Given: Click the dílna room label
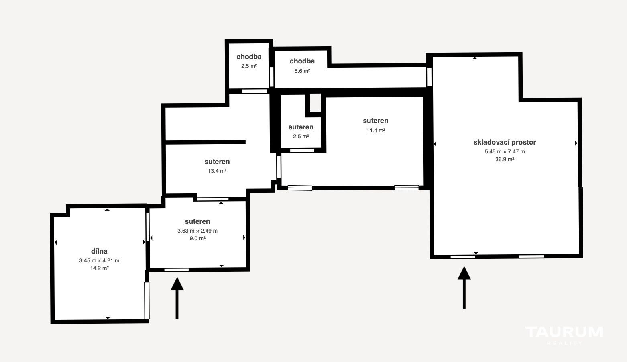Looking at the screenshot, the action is [x=99, y=251].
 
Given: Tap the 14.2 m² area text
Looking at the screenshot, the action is [x=99, y=268].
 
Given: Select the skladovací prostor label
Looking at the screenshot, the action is [x=505, y=142].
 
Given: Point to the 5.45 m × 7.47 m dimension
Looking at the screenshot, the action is [x=505, y=151].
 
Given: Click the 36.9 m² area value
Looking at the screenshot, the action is [x=505, y=159].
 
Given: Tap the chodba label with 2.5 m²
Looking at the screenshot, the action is [x=249, y=57].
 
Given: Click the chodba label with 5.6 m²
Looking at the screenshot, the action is [x=302, y=61].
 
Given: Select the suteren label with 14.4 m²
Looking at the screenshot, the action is [x=375, y=121].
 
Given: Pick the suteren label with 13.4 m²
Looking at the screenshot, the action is [x=217, y=162].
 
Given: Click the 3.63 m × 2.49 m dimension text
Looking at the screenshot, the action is [x=197, y=231].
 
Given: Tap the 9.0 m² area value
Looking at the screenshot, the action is [x=197, y=238].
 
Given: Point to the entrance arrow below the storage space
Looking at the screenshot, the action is [x=464, y=288].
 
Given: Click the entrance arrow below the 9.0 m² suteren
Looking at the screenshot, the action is [x=177, y=298].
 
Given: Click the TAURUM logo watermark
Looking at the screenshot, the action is [x=564, y=335].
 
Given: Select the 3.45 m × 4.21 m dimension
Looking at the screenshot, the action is [x=99, y=261].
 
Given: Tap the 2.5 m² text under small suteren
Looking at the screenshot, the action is [x=301, y=137].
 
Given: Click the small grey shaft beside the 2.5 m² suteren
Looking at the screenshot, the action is [x=316, y=103].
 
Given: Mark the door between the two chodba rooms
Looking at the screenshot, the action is [x=271, y=77].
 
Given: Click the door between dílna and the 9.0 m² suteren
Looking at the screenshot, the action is [x=147, y=226].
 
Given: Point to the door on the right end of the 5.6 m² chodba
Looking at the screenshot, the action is [x=429, y=77].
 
